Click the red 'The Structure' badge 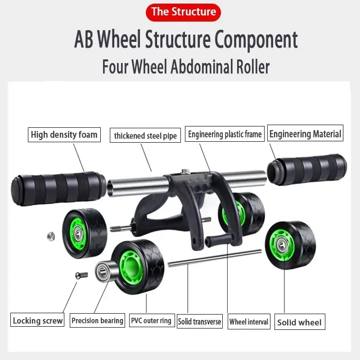click(x=184, y=11)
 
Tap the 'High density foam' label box click(x=63, y=135)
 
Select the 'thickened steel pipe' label click(x=145, y=135)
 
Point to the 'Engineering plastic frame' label click(x=225, y=134)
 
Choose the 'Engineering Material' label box click(x=305, y=134)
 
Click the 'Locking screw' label click(x=37, y=320)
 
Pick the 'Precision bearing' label click(x=97, y=320)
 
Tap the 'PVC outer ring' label click(x=151, y=320)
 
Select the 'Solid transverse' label click(x=199, y=321)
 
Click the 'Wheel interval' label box click(x=248, y=321)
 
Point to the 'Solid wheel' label click(x=299, y=322)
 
